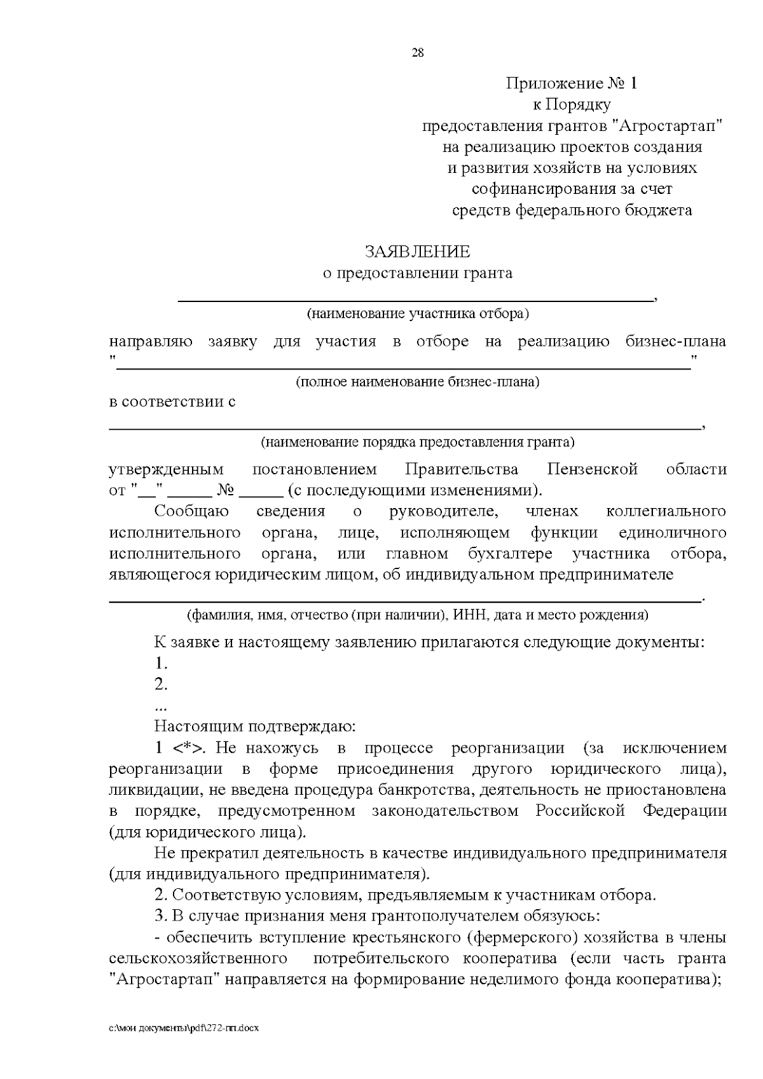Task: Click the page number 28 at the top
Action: click(x=418, y=53)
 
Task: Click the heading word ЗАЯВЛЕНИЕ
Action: click(x=417, y=252)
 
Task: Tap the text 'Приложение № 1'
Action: click(x=570, y=83)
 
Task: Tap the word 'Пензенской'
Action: click(x=592, y=469)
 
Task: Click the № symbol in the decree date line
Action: click(x=227, y=491)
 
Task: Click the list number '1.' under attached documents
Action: click(x=161, y=663)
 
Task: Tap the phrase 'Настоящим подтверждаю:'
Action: click(x=255, y=726)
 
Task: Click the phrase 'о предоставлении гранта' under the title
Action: click(x=417, y=273)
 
